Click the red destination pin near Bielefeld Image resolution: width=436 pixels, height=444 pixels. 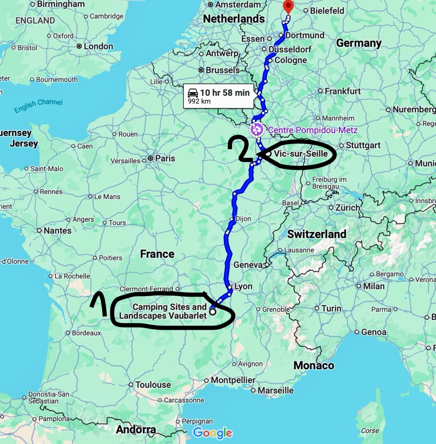(x=289, y=6)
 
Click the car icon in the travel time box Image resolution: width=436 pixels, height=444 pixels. (x=193, y=92)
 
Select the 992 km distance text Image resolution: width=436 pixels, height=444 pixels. (x=199, y=101)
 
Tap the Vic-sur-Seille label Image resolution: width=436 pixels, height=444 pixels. (x=301, y=154)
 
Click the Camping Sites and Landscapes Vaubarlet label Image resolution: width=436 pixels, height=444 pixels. (x=163, y=311)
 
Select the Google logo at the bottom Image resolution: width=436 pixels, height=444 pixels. (x=213, y=433)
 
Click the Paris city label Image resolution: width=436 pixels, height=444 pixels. (x=165, y=158)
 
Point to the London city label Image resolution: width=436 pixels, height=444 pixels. (x=98, y=46)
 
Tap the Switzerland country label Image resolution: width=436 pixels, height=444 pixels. (x=316, y=234)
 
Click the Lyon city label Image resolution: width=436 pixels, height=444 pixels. (x=243, y=286)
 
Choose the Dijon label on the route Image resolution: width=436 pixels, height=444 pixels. (x=243, y=219)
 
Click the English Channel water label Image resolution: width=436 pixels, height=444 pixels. (x=38, y=106)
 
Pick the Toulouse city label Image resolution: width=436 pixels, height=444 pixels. (x=153, y=385)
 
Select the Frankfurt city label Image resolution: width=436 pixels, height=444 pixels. (x=342, y=91)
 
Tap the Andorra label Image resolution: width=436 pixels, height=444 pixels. (x=136, y=429)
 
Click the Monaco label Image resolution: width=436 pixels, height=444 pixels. (x=314, y=365)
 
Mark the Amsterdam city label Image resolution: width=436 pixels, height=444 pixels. (x=237, y=4)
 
